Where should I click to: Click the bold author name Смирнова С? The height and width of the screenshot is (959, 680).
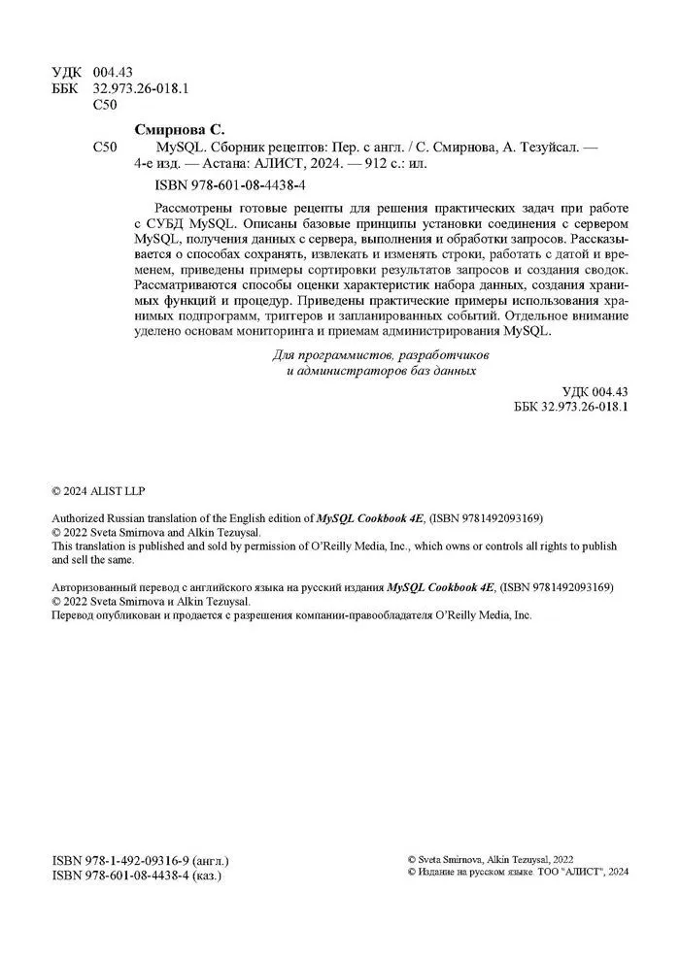(x=178, y=129)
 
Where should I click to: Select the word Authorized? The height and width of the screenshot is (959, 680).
(x=80, y=519)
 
